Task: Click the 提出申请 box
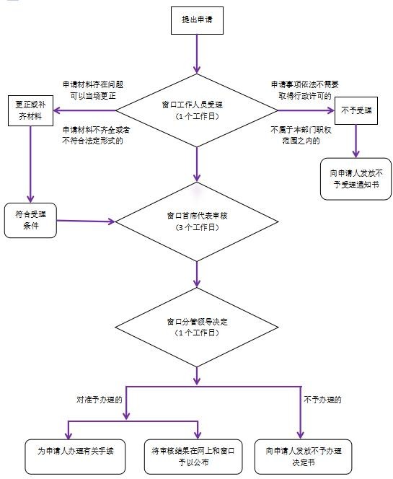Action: point(197,20)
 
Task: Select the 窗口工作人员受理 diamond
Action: point(197,110)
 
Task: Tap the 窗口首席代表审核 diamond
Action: point(197,221)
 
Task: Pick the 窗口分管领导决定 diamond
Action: point(197,327)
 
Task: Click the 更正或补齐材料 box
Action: point(30,110)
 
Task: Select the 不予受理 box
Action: point(356,110)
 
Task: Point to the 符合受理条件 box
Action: point(30,220)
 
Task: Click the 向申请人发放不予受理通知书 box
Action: point(356,179)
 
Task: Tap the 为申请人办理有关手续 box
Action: point(75,457)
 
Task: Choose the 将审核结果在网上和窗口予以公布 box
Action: point(193,457)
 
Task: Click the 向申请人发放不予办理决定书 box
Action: point(304,457)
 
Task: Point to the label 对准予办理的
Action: point(100,400)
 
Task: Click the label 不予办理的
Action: point(322,400)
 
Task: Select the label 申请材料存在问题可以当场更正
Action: point(93,90)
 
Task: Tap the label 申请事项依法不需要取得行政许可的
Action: point(305,90)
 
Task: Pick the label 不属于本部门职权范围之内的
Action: point(301,136)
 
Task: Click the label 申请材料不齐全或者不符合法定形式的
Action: point(96,136)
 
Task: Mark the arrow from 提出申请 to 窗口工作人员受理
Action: point(197,54)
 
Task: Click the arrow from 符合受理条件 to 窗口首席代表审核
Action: point(86,221)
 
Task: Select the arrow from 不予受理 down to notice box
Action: point(356,141)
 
